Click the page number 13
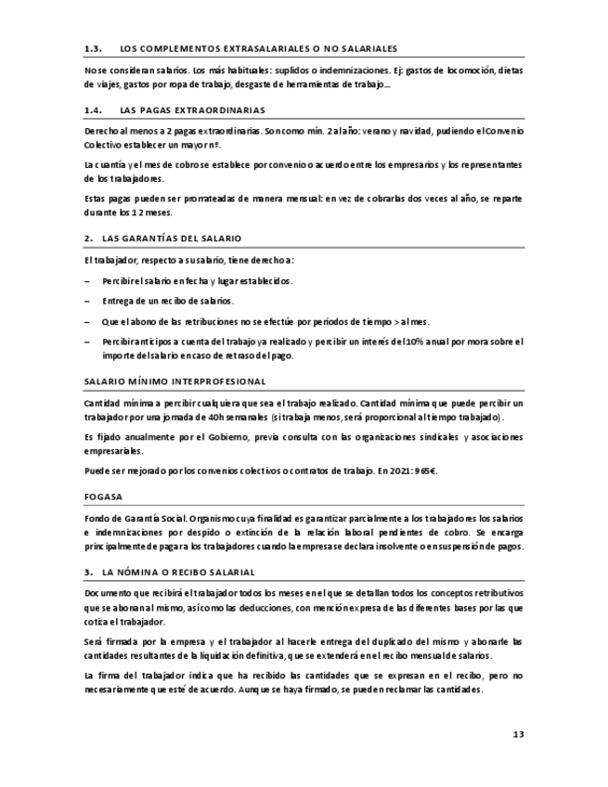click(518, 735)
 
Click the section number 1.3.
click(92, 47)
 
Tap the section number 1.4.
click(92, 110)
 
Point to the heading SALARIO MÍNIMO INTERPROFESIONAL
click(175, 381)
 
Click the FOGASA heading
click(103, 497)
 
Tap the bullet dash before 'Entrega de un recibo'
click(87, 301)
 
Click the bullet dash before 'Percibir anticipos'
click(87, 342)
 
